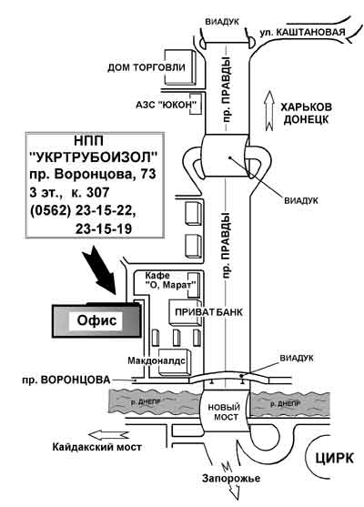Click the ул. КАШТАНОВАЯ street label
(x=303, y=33)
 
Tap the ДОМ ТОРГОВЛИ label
(x=147, y=67)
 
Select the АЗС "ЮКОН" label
(x=167, y=105)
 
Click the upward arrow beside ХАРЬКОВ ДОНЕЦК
(x=269, y=111)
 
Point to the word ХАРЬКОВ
(x=306, y=107)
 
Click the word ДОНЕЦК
(x=306, y=119)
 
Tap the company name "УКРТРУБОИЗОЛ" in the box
(x=94, y=157)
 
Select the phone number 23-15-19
(x=104, y=228)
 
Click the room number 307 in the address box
(x=97, y=192)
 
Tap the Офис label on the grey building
(x=96, y=320)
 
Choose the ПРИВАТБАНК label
(x=208, y=312)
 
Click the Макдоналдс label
(x=157, y=360)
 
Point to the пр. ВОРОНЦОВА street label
(x=66, y=380)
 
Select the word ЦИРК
(x=334, y=458)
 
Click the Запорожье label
(x=231, y=478)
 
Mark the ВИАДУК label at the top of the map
(x=222, y=22)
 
